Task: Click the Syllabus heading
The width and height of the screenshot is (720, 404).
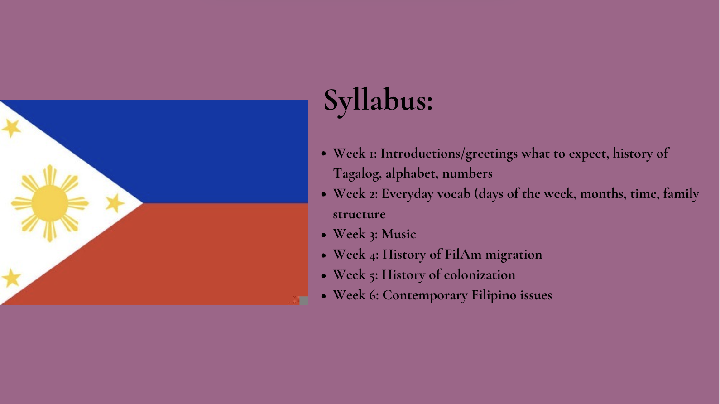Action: tap(378, 101)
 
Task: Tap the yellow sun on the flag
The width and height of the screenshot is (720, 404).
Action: tap(50, 203)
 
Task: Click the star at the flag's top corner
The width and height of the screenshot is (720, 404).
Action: tap(11, 128)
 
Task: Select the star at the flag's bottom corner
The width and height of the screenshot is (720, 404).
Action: tap(11, 278)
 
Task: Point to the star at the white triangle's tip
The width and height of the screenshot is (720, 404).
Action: tap(115, 203)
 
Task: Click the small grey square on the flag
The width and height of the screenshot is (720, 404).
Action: tap(304, 301)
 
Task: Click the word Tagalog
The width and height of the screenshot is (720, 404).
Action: tap(356, 174)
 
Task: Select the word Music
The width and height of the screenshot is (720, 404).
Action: tap(398, 234)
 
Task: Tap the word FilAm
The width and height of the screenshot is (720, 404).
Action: tap(463, 255)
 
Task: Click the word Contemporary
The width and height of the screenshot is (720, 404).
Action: tap(425, 295)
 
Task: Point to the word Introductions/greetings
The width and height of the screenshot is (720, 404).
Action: tap(449, 154)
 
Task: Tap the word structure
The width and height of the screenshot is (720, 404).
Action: tap(359, 214)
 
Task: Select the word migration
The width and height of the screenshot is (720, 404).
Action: tap(514, 255)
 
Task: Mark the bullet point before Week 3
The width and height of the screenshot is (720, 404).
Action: tap(324, 235)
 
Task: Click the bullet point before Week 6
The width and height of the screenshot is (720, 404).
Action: tap(324, 296)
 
